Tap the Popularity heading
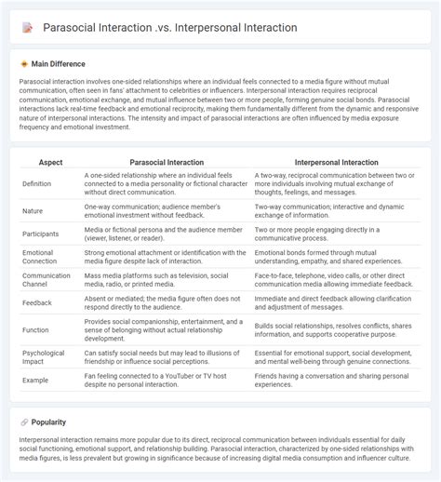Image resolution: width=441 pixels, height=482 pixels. [47, 422]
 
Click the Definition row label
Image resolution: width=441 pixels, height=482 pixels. [37, 184]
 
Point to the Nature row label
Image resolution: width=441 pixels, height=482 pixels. [33, 211]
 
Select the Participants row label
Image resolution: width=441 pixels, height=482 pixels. [40, 234]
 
